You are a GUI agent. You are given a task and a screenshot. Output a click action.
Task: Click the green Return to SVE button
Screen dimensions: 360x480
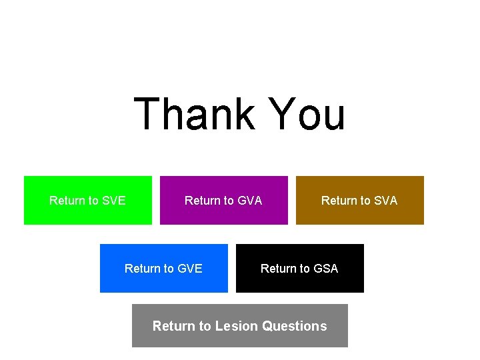click(x=87, y=200)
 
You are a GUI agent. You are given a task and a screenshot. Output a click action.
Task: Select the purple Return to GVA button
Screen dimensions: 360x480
click(x=223, y=200)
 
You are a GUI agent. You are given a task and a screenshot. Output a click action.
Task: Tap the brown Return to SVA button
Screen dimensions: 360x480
click(x=359, y=200)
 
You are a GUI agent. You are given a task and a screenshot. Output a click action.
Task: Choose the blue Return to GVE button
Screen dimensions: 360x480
click(x=163, y=268)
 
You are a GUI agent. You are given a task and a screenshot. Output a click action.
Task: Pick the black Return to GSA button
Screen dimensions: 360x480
click(x=299, y=268)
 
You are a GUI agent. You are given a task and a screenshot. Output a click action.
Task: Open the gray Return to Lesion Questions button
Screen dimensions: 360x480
click(x=239, y=325)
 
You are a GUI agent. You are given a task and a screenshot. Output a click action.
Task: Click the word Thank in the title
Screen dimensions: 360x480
click(x=194, y=114)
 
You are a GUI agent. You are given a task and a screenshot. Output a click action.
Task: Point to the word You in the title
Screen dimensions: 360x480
click(x=307, y=114)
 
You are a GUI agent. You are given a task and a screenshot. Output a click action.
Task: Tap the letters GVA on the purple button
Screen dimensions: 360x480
click(x=250, y=201)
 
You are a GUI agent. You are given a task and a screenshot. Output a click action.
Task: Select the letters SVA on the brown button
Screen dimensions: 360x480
click(x=386, y=201)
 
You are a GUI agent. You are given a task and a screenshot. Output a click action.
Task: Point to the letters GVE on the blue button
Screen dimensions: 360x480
click(x=190, y=269)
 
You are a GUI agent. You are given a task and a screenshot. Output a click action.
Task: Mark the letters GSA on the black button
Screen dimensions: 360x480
click(x=326, y=269)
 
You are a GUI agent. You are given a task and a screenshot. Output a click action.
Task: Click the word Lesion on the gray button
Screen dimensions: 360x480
click(x=237, y=326)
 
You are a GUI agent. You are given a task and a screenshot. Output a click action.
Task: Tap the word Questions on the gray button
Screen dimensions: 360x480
click(x=295, y=326)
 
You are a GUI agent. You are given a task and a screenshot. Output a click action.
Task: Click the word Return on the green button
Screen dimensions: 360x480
click(x=67, y=201)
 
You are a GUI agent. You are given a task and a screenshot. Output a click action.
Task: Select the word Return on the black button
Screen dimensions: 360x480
click(x=278, y=269)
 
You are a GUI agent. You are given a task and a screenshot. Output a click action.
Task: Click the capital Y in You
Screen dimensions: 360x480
click(x=282, y=114)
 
